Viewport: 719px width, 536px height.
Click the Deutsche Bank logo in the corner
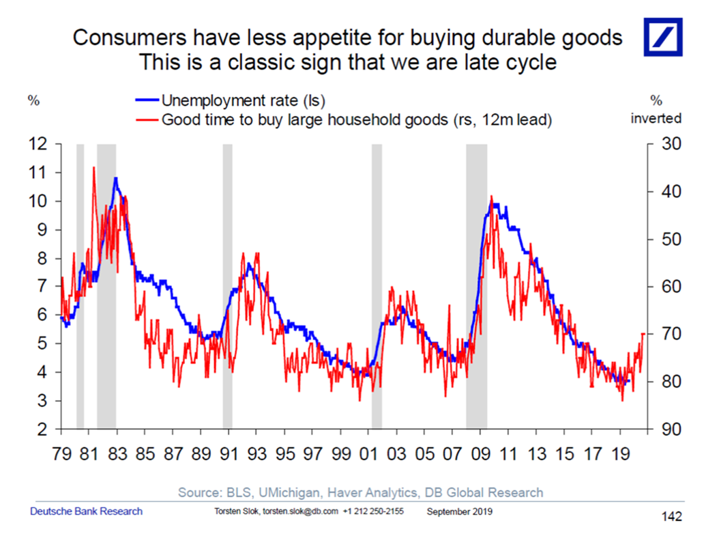[664, 38]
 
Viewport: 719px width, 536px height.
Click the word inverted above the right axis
[656, 118]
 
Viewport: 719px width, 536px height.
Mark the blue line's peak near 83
[117, 178]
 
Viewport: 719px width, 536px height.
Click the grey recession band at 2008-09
[476, 287]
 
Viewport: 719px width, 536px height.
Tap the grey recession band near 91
[227, 287]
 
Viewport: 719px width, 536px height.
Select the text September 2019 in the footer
[460, 511]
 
